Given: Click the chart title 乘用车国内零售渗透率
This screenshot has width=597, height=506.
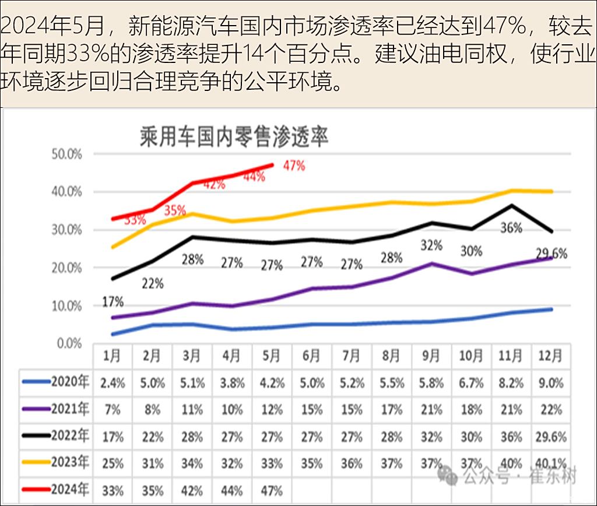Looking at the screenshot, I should [x=234, y=137].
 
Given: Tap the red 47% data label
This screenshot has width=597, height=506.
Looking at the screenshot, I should [x=294, y=166].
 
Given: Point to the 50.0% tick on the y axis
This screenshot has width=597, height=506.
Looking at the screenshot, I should [x=67, y=154].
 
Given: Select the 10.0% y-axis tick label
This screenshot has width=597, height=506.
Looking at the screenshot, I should [x=67, y=305].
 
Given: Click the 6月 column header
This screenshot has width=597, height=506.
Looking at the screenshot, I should [x=311, y=356].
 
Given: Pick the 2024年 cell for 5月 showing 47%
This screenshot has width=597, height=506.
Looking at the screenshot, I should [x=271, y=490].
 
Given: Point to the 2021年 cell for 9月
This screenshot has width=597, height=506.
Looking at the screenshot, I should [x=431, y=410].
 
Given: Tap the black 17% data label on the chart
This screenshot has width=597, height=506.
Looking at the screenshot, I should [x=113, y=302].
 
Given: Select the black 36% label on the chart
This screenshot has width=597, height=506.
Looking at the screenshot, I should [x=511, y=228].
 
